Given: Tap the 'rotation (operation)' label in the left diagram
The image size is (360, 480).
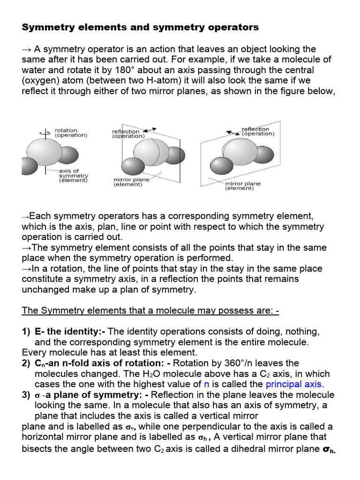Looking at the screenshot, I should tap(71, 133).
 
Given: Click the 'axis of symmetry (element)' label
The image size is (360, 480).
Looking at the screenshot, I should tap(73, 175).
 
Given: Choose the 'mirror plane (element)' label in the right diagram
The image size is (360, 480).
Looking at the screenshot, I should tap(242, 186).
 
